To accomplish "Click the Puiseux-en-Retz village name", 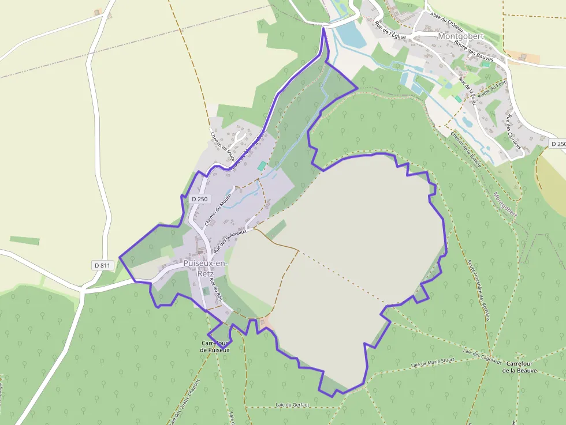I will click(206, 268).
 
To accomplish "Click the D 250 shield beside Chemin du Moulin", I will click(199, 199).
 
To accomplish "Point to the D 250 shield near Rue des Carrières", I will click(557, 144).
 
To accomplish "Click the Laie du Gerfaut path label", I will click(293, 405).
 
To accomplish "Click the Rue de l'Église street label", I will click(390, 30).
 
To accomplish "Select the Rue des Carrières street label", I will click(513, 133).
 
